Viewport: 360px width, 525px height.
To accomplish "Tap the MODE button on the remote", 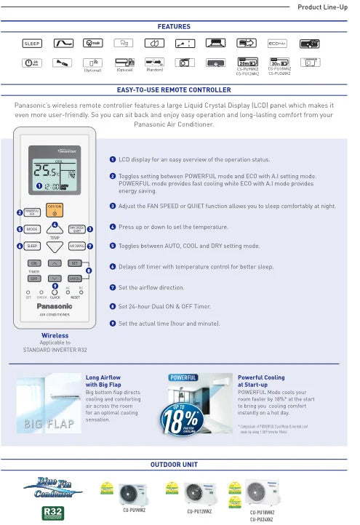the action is (x=32, y=229).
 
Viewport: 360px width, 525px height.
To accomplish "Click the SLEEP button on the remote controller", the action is (x=32, y=247).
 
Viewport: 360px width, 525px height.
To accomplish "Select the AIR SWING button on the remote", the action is (x=76, y=247).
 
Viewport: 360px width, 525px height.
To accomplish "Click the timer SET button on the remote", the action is (x=75, y=262).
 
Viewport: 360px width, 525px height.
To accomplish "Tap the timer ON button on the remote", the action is (x=33, y=262).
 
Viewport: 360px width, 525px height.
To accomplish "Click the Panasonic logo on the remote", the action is (x=55, y=306).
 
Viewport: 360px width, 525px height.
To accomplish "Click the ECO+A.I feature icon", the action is (x=279, y=44).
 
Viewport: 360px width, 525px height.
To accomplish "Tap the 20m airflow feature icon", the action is (x=247, y=63).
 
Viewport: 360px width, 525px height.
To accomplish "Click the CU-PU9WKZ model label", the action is (x=131, y=510).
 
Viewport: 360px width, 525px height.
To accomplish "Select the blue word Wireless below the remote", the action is (x=55, y=335).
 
